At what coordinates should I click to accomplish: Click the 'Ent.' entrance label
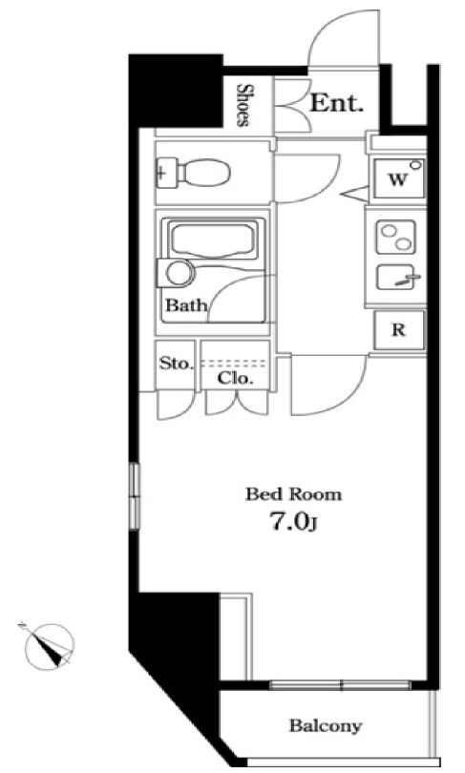pos(336,103)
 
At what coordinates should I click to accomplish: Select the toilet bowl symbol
pos(193,173)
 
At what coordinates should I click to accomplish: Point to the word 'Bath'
pos(185,305)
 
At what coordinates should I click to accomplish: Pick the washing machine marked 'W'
pos(399,178)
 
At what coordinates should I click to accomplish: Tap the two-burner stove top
pos(395,238)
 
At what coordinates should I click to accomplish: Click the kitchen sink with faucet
pos(395,277)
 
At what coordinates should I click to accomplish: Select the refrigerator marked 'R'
pos(399,330)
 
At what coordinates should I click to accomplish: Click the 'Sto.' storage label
pos(175,364)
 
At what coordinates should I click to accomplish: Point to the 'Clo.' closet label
pos(235,379)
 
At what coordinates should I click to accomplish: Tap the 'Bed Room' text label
pos(293,494)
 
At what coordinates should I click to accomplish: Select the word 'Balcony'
pos(326,725)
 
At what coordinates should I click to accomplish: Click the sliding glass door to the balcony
pos(340,685)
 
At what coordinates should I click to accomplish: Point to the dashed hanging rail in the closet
pos(235,364)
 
